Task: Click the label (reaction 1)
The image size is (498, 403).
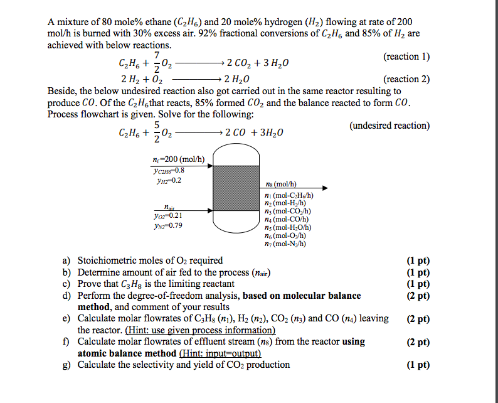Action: pos(406,57)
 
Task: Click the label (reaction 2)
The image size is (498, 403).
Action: pos(406,79)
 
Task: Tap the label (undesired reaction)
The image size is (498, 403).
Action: pos(389,126)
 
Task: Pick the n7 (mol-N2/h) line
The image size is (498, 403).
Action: pos(286,244)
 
